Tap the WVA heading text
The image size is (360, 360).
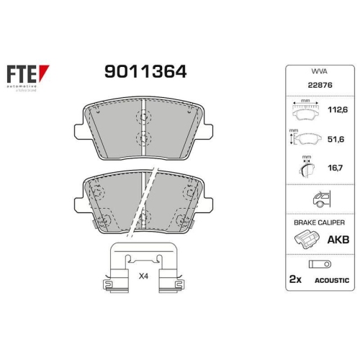pos(319,73)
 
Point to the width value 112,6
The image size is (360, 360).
pos(338,111)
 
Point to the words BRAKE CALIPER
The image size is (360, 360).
pos(318,224)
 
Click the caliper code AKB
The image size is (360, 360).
pos(338,240)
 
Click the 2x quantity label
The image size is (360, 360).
pos(295,279)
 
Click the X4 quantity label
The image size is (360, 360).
pos(143,275)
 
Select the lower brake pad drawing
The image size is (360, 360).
pos(145,204)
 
